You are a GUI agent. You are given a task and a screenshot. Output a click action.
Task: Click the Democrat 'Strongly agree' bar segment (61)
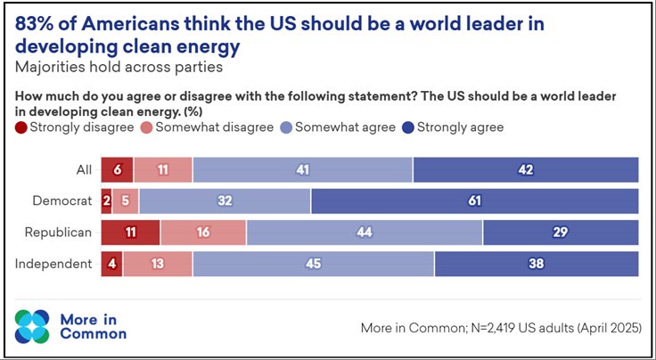click(x=474, y=201)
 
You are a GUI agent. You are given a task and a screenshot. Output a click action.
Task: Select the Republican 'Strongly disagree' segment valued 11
click(x=130, y=233)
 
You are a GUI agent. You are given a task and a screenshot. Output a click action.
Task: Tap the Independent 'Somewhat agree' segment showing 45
click(x=313, y=264)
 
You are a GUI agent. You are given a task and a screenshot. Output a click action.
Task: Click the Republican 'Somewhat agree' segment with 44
click(x=365, y=233)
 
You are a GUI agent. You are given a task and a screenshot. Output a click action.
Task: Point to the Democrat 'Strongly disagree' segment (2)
click(x=106, y=201)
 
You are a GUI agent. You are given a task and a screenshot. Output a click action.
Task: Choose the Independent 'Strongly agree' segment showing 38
click(x=536, y=264)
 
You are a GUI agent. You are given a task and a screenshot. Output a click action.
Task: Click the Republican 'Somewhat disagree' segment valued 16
click(x=203, y=233)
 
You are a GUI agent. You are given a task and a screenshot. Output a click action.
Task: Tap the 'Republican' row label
click(x=58, y=233)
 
